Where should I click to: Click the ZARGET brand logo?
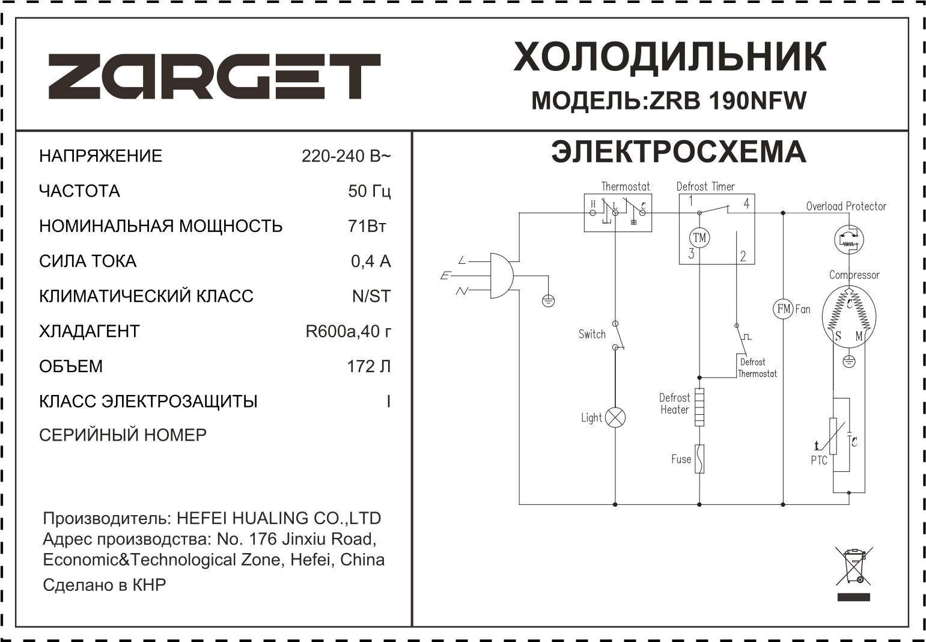(215, 76)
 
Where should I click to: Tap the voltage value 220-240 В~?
(346, 156)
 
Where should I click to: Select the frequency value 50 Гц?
(369, 191)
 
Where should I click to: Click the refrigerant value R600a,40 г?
(348, 331)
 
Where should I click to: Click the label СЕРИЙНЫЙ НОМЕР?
(123, 435)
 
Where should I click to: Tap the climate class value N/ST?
(371, 296)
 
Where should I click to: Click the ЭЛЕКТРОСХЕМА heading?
(678, 152)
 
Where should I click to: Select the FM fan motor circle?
(783, 309)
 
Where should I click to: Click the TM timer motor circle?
(699, 237)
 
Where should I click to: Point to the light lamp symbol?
(615, 417)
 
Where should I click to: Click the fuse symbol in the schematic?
(699, 459)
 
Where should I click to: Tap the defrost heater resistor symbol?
(699, 407)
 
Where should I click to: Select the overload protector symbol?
(848, 240)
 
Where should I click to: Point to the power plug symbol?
(502, 276)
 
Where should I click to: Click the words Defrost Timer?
(705, 186)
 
